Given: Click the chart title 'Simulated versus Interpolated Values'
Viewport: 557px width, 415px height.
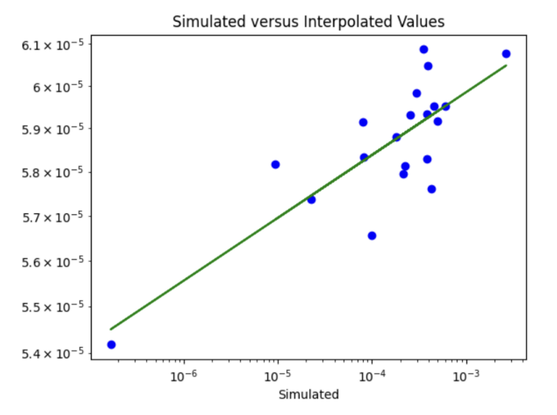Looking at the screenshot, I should click(309, 22).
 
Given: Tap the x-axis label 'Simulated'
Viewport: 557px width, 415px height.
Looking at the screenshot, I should click(309, 395).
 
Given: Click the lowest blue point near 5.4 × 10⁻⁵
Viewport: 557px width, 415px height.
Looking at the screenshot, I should click(111, 345).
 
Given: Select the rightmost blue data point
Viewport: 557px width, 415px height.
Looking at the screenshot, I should click(506, 54).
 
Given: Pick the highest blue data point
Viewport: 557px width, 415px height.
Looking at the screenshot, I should click(424, 50).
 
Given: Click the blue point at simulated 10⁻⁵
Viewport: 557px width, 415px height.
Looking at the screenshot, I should click(275, 164).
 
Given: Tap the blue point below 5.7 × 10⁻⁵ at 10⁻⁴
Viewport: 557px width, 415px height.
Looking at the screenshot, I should click(372, 236).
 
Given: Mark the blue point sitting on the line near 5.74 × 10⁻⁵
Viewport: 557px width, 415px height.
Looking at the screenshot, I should click(311, 199).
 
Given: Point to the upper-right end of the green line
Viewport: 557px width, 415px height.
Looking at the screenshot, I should click(506, 66).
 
